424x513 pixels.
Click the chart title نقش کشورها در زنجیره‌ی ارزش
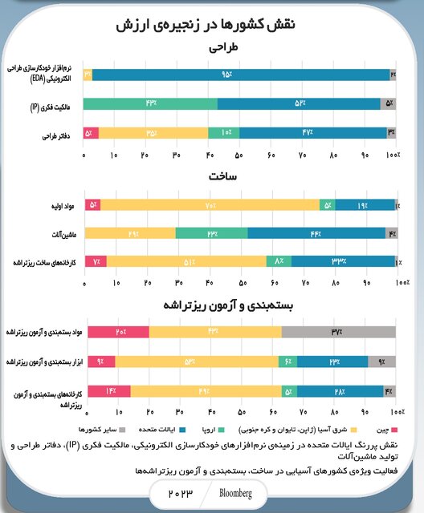[x=212, y=26]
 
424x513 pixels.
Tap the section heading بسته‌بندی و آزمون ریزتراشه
[x=232, y=305]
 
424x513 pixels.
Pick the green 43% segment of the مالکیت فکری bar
[x=150, y=103]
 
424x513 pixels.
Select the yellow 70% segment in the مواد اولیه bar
[x=210, y=204]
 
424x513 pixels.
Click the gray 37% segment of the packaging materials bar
[x=338, y=332]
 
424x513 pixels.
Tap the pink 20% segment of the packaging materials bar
[x=117, y=332]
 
